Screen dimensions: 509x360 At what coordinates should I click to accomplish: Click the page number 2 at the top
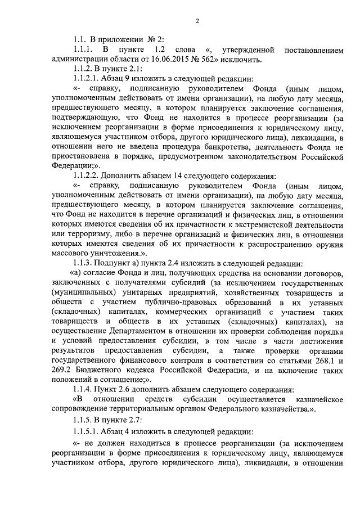197,22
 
